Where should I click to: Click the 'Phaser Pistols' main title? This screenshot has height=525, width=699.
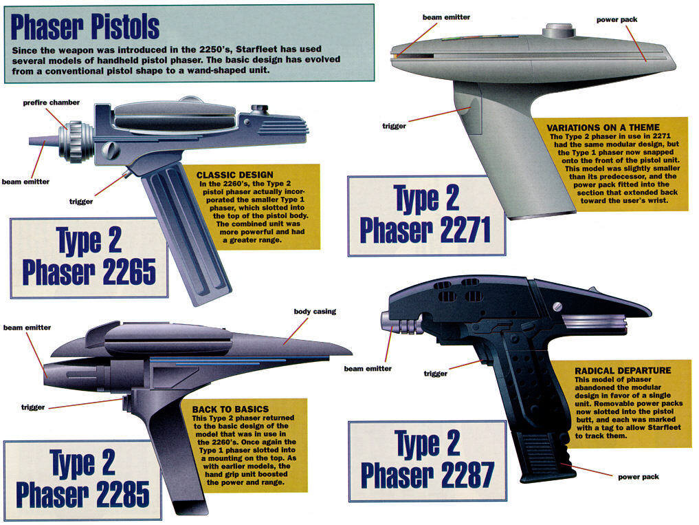[x=85, y=27]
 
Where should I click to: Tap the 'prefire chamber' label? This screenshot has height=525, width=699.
[x=52, y=103]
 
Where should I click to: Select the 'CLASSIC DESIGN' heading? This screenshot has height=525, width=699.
[x=235, y=175]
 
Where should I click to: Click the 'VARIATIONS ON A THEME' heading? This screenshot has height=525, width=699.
[x=603, y=128]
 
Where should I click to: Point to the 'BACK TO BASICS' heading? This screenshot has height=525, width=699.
[x=230, y=409]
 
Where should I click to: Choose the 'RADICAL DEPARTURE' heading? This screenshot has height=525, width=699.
[x=623, y=371]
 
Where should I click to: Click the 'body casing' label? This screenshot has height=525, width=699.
[x=315, y=312]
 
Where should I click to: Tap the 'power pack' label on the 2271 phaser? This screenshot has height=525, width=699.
[x=617, y=20]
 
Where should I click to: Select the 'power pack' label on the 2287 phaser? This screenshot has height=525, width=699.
[x=639, y=477]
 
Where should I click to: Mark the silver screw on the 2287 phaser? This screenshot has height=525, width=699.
[x=557, y=307]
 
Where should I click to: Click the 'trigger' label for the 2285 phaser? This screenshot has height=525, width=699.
[x=33, y=407]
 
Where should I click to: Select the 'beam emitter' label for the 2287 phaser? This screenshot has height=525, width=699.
[x=368, y=369]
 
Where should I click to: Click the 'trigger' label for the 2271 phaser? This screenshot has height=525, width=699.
[x=394, y=127]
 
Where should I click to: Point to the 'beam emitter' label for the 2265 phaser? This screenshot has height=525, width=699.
[x=25, y=182]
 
